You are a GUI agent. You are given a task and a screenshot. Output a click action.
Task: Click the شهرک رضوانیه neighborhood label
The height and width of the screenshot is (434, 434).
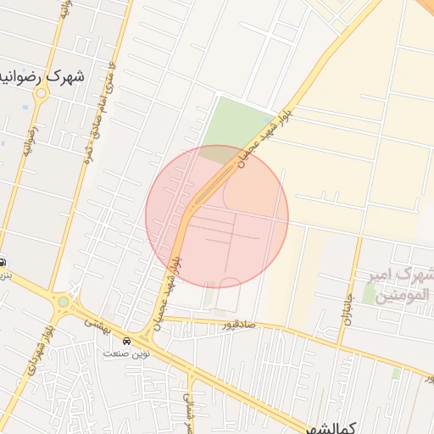pos(50,75)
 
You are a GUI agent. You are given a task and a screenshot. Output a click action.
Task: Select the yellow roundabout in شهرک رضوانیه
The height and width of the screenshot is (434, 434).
pos(39,94)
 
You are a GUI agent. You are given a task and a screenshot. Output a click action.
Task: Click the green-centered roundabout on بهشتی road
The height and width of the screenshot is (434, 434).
pos(64,301)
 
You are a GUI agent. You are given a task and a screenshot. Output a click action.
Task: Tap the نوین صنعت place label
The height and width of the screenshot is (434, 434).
pos(126,353)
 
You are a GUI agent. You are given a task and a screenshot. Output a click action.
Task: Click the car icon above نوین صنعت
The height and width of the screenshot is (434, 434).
pos(127,340)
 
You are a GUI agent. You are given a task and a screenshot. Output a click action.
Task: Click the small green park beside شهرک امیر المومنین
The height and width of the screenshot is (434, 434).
pos(369,293)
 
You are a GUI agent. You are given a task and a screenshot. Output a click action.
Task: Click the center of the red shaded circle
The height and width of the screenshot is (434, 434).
pos(217,216)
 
